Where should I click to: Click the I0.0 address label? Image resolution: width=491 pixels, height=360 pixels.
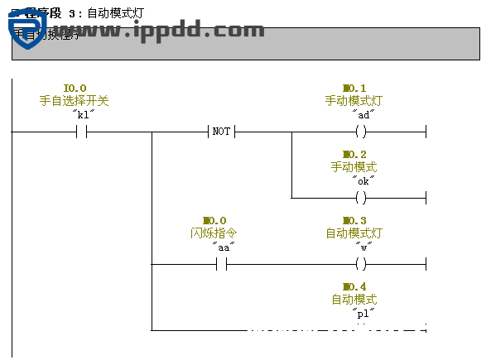[75, 88]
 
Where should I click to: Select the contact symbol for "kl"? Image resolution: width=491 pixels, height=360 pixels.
[81, 132]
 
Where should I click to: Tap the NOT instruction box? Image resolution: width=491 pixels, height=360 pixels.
[221, 132]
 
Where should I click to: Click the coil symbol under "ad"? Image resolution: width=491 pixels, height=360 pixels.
[360, 132]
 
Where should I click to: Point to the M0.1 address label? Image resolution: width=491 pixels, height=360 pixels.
[354, 88]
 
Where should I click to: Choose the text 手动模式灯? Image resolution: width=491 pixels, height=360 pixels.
[354, 100]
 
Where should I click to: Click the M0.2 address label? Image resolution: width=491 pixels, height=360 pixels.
[354, 154]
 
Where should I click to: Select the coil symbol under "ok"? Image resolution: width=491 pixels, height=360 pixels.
[360, 198]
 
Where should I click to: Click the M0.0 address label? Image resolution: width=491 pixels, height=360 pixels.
[214, 220]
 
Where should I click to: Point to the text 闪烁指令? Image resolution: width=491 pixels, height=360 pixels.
[214, 233]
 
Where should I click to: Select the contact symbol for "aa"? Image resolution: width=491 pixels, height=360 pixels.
[221, 264]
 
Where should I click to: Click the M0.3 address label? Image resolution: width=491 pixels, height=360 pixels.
[354, 220]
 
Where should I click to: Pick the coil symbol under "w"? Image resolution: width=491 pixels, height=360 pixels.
[360, 264]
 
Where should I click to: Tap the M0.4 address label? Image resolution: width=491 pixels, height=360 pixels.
[354, 286]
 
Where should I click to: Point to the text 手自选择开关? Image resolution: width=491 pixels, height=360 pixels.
[75, 100]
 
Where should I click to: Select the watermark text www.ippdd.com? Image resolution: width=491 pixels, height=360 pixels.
[157, 31]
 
